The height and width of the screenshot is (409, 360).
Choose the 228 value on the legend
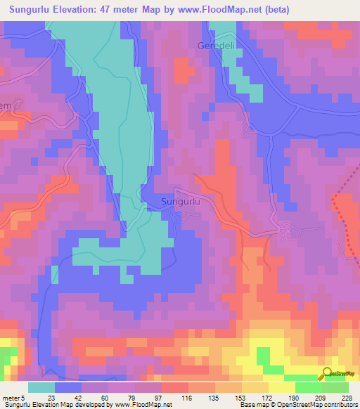pyautogui.click(x=348, y=397)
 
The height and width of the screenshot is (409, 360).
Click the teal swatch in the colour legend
pyautogui.click(x=41, y=387)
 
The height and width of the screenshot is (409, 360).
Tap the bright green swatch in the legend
pyautogui.click(x=309, y=387)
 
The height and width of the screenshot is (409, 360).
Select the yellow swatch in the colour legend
pyautogui.click(x=282, y=387)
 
